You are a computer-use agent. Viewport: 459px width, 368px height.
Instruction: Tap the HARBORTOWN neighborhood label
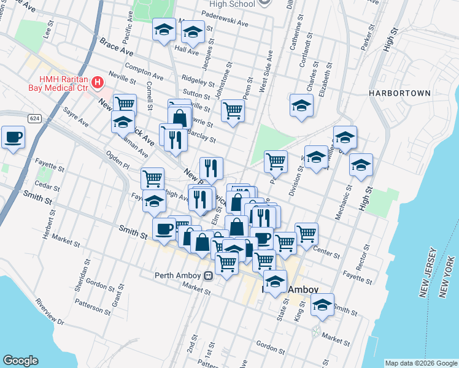coord(399,93)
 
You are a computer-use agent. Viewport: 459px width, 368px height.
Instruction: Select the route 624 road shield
coord(34,118)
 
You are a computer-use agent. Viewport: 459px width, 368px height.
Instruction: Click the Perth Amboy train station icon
coord(209,275)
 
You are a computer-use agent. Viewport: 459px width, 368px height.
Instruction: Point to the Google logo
coord(20,361)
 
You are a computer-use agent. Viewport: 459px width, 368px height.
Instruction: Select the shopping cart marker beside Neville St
coord(125,104)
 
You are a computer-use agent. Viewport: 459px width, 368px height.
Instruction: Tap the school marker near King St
coord(322,304)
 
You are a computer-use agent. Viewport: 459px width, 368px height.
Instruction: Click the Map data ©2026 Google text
coord(420,362)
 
